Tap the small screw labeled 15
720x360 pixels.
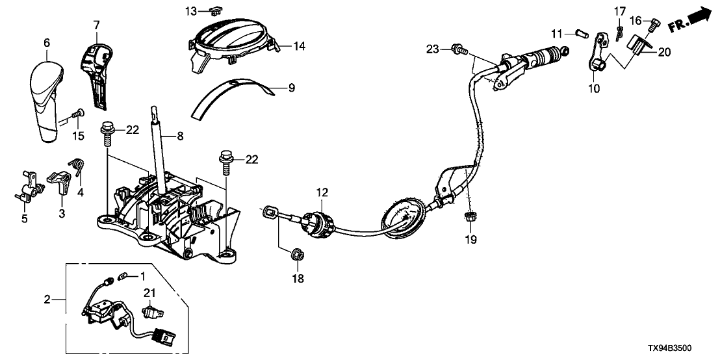[x=77, y=114]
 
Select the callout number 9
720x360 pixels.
[x=274, y=86]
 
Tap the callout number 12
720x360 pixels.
[x=323, y=192]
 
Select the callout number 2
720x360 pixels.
[x=47, y=300]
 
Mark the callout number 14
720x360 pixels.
[x=298, y=46]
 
